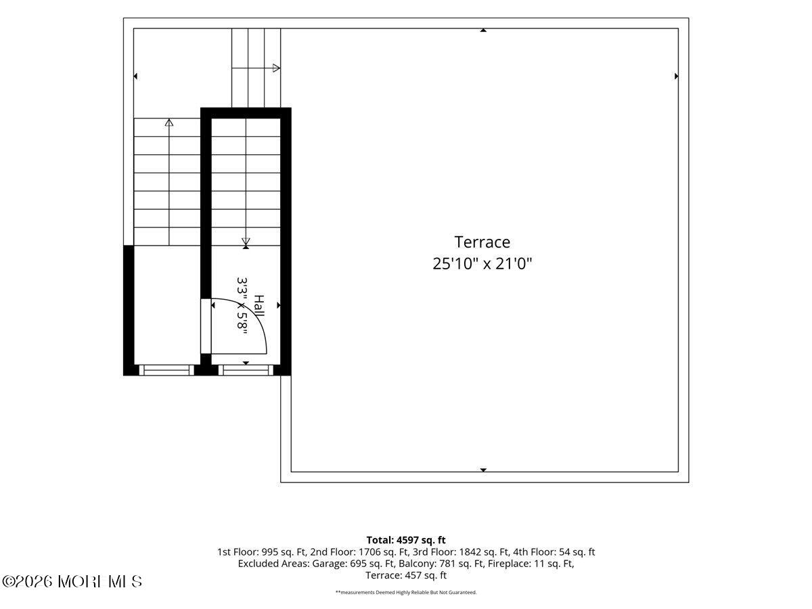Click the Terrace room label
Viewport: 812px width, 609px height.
482,242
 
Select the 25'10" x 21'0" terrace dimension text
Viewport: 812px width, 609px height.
482,264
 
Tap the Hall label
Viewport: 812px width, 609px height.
259,306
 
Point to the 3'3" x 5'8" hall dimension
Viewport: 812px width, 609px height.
242,306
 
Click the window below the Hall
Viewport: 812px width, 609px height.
246,370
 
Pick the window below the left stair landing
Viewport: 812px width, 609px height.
166,370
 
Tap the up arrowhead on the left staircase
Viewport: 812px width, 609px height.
169,122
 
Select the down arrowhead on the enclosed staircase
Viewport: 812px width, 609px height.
246,242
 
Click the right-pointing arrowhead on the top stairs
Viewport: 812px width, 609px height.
276,68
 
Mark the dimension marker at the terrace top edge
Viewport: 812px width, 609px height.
483,30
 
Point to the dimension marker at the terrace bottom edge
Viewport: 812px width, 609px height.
483,470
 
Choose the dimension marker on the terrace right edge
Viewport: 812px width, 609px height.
676,76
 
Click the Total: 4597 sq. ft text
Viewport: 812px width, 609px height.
406,540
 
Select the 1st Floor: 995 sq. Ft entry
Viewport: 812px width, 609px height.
262,552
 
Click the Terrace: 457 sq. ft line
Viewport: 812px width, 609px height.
406,575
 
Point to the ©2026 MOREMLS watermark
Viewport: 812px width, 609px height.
72,582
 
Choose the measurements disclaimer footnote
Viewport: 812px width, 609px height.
406,592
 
